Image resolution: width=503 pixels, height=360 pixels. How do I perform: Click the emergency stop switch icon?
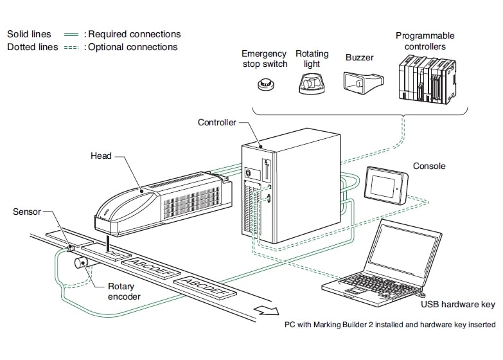[x=263, y=85]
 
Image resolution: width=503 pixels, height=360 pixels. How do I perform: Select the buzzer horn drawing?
[x=358, y=83]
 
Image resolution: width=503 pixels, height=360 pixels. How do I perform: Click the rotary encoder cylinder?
[x=82, y=264]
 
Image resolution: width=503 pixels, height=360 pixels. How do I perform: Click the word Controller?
[x=216, y=122]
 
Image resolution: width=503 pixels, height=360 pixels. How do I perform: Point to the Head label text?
[x=101, y=156]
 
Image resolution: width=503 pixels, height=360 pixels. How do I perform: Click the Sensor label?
[x=27, y=211]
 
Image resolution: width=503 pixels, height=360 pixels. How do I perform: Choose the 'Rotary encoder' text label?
[x=122, y=291]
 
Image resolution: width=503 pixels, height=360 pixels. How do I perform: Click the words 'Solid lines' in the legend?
[x=30, y=34]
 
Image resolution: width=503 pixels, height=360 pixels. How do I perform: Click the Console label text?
[x=429, y=166]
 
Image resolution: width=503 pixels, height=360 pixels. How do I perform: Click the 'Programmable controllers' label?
[x=425, y=41]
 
